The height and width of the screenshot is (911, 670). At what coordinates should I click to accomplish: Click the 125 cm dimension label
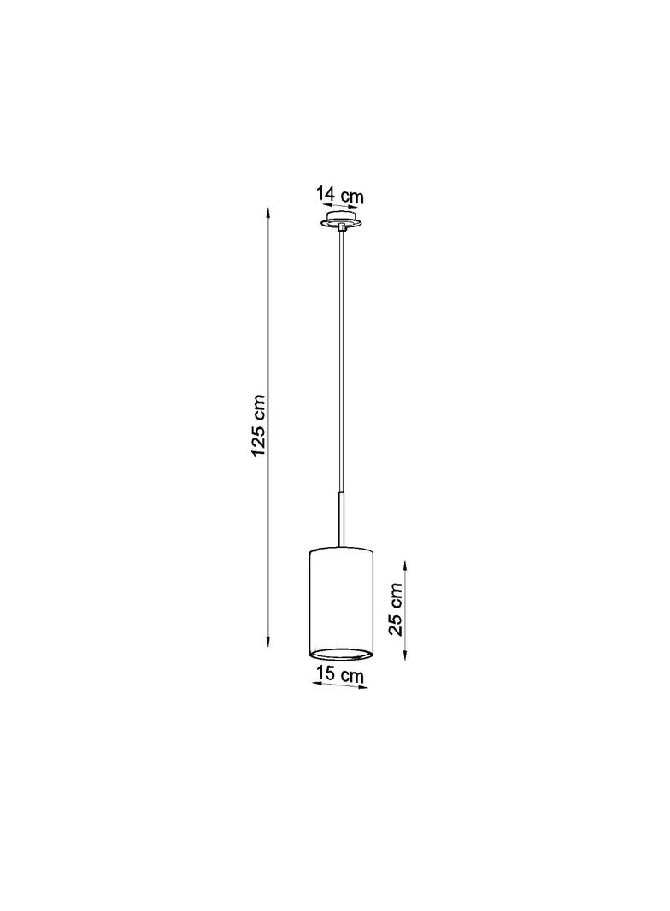click(259, 426)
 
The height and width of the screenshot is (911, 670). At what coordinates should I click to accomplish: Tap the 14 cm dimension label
click(340, 195)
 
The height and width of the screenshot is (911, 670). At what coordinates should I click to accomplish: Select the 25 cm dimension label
click(395, 608)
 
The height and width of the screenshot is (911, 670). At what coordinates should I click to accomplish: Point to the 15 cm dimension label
click(340, 674)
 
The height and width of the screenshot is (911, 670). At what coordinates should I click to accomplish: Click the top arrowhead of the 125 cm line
click(267, 212)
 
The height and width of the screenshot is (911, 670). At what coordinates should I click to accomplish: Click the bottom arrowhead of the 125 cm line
click(267, 640)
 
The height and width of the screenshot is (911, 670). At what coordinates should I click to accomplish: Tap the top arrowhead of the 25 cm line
click(405, 566)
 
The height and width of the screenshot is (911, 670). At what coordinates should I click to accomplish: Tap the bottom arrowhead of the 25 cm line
click(405, 654)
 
